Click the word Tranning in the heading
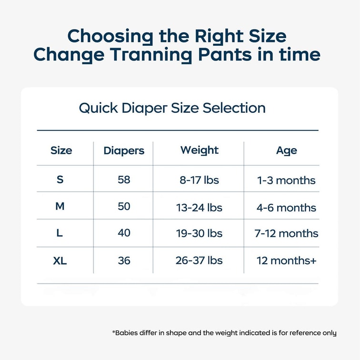pyautogui.click(x=151, y=55)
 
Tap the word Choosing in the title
pyautogui.click(x=110, y=37)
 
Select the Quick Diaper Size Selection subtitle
pyautogui.click(x=172, y=108)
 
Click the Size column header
pyautogui.click(x=61, y=150)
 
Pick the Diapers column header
pyautogui.click(x=124, y=151)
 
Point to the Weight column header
pyautogui.click(x=200, y=150)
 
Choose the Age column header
pyautogui.click(x=287, y=151)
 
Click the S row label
pyautogui.click(x=60, y=180)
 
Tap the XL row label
pyautogui.click(x=60, y=261)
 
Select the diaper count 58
pyautogui.click(x=124, y=180)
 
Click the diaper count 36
pyautogui.click(x=124, y=261)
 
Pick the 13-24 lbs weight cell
pyautogui.click(x=199, y=208)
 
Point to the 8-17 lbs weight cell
pyautogui.click(x=199, y=180)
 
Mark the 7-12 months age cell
pyautogui.click(x=286, y=233)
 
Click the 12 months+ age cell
pyautogui.click(x=287, y=261)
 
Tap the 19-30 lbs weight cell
pyautogui.click(x=199, y=233)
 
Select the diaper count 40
pyautogui.click(x=124, y=233)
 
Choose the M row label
pyautogui.click(x=60, y=206)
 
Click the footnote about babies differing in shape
pyautogui.click(x=224, y=333)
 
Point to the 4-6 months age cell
pyautogui.click(x=286, y=208)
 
